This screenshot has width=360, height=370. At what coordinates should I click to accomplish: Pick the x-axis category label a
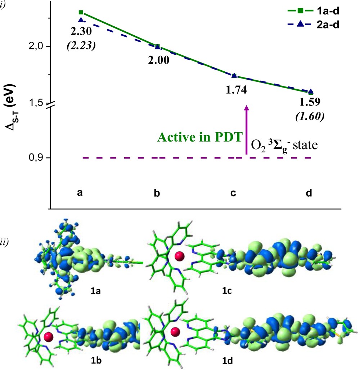(80, 193)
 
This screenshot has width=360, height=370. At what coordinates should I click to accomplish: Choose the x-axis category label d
(309, 193)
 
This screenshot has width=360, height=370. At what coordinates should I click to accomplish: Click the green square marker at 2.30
(81, 12)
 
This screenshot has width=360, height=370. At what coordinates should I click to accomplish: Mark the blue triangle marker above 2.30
(81, 20)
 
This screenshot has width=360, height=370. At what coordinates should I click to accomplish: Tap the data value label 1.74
(236, 90)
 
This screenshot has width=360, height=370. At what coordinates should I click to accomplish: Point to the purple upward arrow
(247, 130)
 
